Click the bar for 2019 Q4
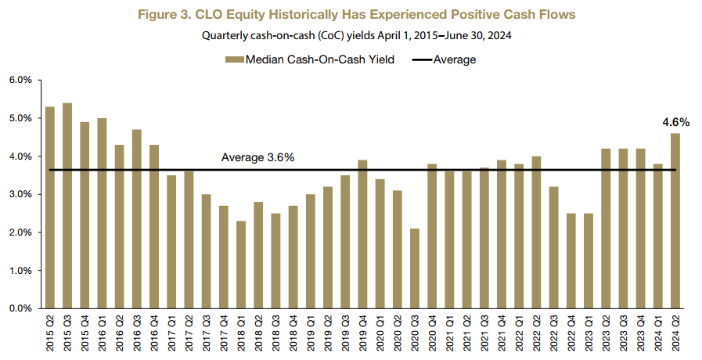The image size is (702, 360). [363, 234]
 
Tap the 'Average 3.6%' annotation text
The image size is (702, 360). [257, 158]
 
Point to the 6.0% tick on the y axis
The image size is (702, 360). [20, 81]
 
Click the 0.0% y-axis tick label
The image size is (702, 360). [20, 308]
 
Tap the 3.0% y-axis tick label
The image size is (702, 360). [20, 195]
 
